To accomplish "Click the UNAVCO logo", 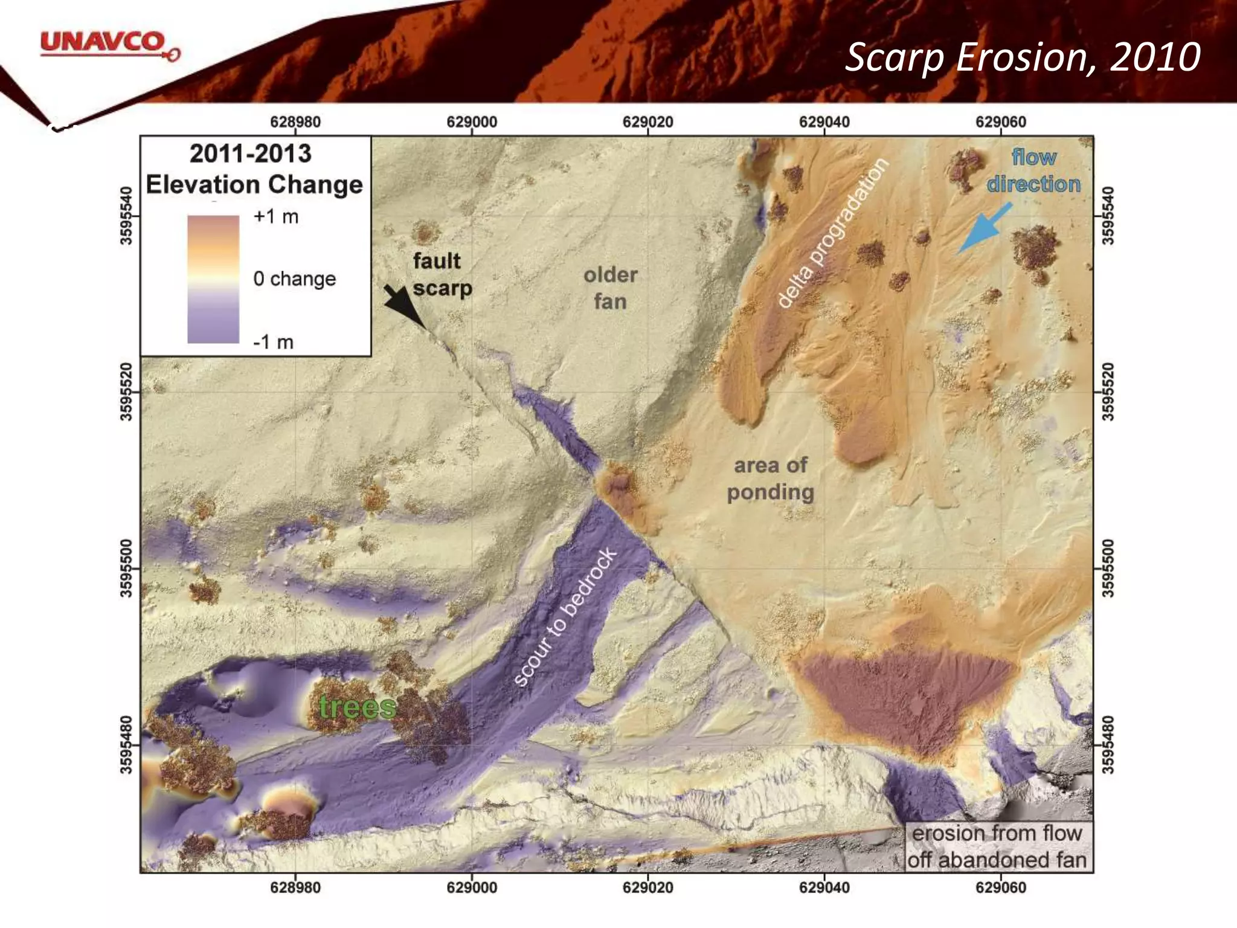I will [109, 45].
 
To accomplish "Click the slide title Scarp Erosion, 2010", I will [1022, 58].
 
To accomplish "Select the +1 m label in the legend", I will [275, 216].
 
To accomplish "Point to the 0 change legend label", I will [294, 279].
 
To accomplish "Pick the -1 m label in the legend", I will [273, 342].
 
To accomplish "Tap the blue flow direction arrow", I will [985, 227].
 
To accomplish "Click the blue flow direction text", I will [1033, 170].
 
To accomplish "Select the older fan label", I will [610, 288].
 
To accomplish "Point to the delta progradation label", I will [832, 233].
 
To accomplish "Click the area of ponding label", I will [770, 478].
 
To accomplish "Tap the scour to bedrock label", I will [565, 617].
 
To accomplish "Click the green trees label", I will [357, 707].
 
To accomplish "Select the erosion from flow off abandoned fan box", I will [998, 846].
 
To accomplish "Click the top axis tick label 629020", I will [647, 122].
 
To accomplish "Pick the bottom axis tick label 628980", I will [295, 888].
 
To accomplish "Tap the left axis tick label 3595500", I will [126, 568].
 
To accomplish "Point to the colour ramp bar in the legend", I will [213, 279].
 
